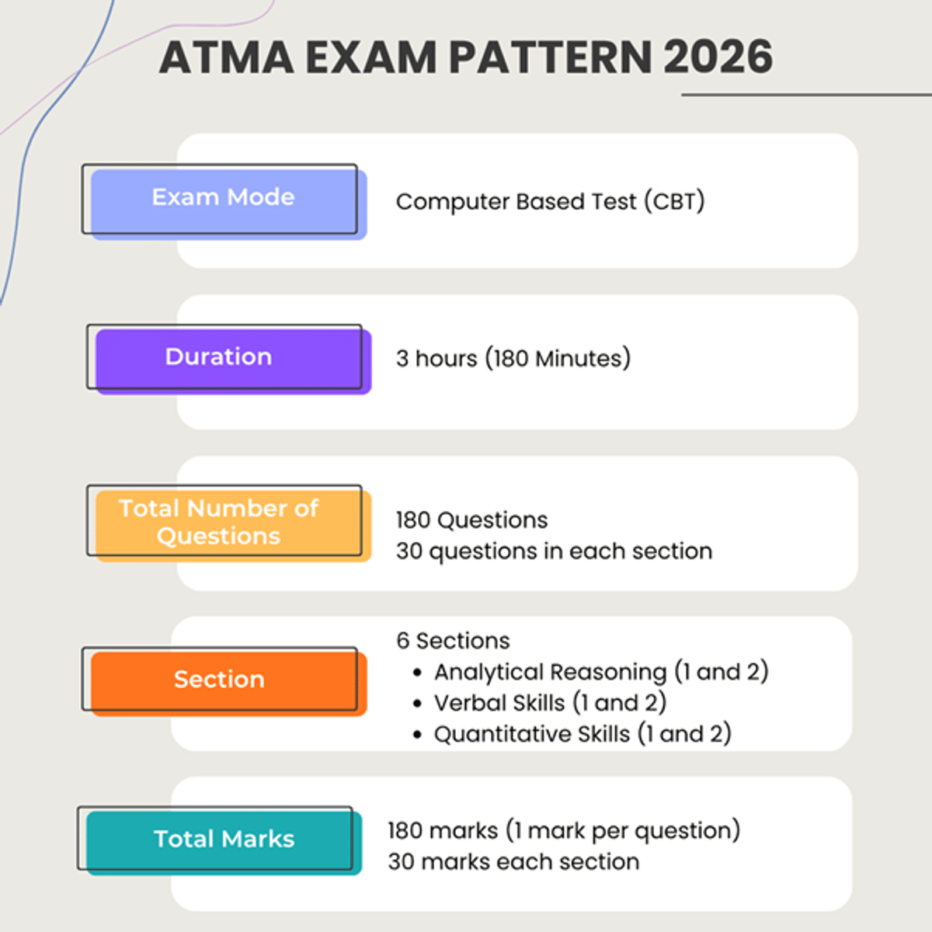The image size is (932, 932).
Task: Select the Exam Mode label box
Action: [224, 198]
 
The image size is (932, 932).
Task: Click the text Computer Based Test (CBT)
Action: [550, 202]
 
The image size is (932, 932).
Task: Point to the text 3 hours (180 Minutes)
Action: [513, 359]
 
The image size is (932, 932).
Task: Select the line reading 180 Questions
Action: [471, 520]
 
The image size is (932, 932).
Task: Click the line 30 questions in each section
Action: [554, 551]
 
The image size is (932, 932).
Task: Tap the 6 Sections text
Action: [453, 641]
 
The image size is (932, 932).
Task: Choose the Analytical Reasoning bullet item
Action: [600, 672]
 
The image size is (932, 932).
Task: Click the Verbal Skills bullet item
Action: [550, 703]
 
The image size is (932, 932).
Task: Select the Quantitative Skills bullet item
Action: [582, 734]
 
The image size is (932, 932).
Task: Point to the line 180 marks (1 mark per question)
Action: [564, 831]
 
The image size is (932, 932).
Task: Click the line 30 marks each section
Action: [513, 862]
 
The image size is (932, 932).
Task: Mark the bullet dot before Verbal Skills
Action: [418, 704]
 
